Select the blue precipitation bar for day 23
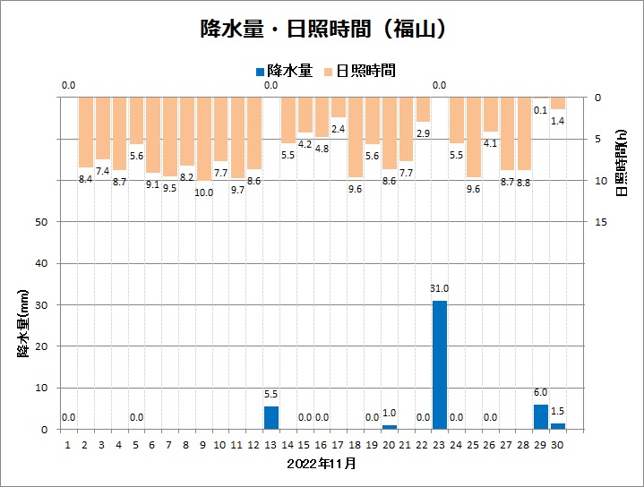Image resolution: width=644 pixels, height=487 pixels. (x=440, y=364)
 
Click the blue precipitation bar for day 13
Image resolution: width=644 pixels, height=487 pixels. (x=271, y=417)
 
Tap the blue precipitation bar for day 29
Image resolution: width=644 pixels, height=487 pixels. (x=541, y=416)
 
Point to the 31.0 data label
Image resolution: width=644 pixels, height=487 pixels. (x=440, y=288)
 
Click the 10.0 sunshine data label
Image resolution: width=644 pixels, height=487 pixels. (x=204, y=192)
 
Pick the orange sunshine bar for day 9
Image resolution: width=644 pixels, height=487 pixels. (x=204, y=139)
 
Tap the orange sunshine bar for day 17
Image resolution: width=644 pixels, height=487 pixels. (x=339, y=107)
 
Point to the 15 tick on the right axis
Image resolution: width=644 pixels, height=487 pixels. (x=602, y=222)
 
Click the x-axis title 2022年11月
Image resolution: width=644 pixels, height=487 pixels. (x=322, y=464)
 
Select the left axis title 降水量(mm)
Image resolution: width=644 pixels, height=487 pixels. (x=24, y=323)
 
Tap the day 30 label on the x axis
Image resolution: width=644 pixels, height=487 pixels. (x=558, y=443)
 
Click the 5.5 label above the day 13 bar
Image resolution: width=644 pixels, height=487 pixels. (x=271, y=394)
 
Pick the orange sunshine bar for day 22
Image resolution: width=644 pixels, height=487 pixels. (x=423, y=109)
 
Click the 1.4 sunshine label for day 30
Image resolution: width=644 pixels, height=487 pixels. (x=558, y=121)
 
